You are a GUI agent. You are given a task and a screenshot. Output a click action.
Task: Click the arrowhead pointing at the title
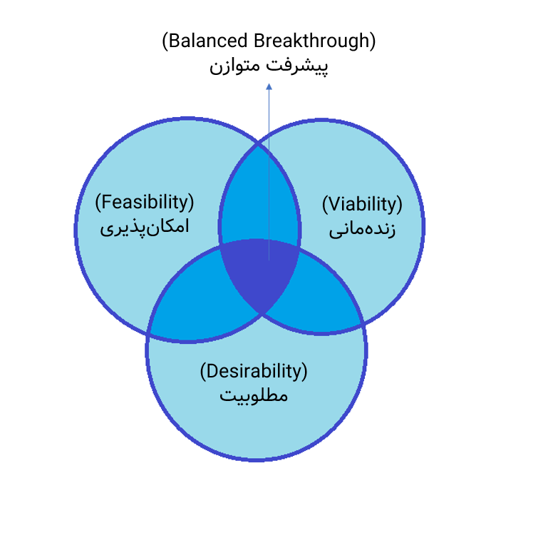(x=269, y=87)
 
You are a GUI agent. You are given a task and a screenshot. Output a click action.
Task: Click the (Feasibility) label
(x=145, y=203)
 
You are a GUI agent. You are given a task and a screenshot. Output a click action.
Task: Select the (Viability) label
(x=362, y=204)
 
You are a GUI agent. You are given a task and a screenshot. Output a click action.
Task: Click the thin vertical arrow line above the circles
(x=269, y=114)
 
